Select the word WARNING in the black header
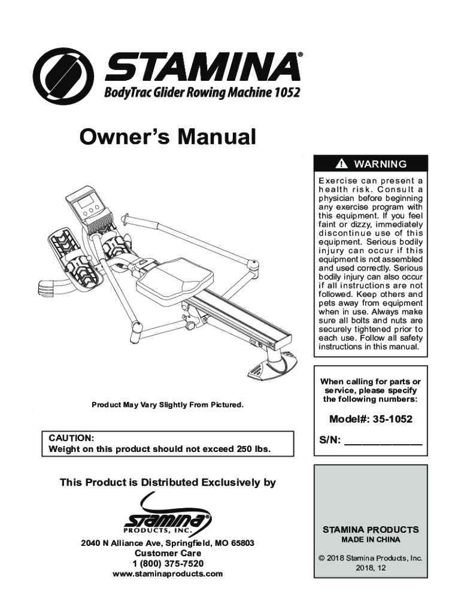[380, 164]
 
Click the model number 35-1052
[392, 419]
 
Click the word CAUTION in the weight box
[71, 438]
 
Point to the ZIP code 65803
[242, 543]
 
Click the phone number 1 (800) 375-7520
[168, 563]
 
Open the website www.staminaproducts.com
[168, 573]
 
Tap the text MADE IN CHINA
[371, 539]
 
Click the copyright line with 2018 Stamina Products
[371, 558]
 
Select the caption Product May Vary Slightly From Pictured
[167, 405]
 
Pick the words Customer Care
[168, 553]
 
